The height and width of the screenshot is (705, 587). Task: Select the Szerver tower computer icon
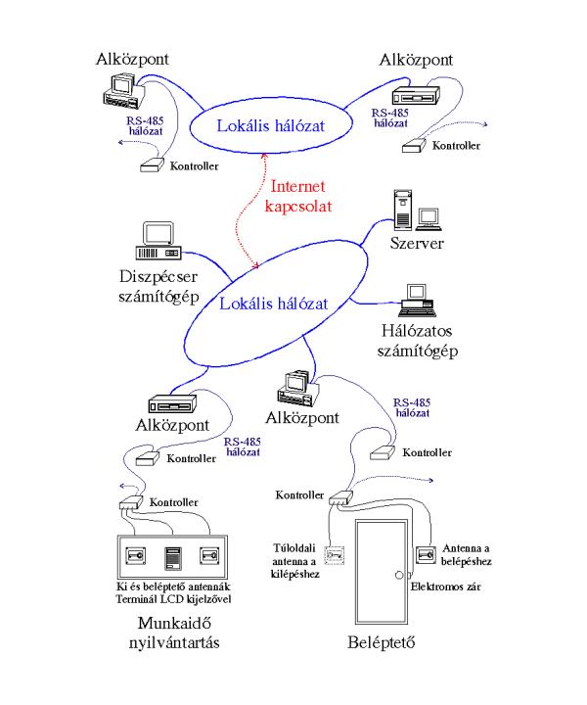[x=400, y=208]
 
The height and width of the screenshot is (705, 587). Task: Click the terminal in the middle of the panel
[x=174, y=559]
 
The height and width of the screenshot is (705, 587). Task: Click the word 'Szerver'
[x=417, y=241]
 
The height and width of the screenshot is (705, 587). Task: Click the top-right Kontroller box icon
[x=413, y=145]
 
